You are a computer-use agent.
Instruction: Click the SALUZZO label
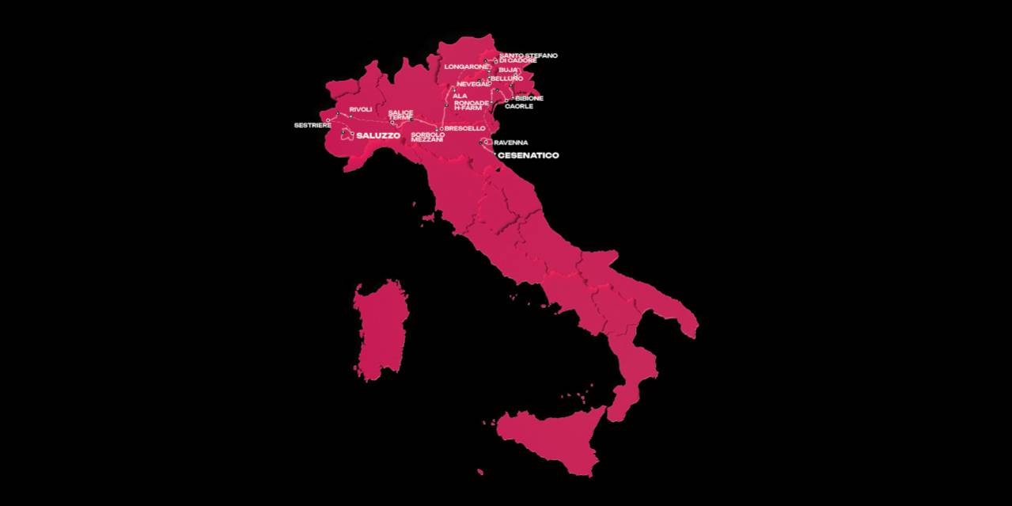pos(377,135)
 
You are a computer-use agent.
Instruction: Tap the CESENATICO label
pos(528,155)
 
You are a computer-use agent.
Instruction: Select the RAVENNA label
pos(510,143)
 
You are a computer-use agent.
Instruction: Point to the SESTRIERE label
pos(313,125)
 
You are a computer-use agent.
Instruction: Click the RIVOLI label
pos(360,109)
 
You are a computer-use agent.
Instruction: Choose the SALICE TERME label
pos(400,115)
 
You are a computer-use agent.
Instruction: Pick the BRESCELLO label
pos(465,128)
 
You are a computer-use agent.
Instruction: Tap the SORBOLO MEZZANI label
pos(427,137)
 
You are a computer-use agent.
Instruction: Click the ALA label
pos(460,96)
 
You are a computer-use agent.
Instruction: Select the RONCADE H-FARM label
pos(472,105)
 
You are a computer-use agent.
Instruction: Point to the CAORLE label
pos(518,106)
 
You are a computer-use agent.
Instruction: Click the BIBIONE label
pos(529,98)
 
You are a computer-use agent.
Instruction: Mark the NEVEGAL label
pos(472,84)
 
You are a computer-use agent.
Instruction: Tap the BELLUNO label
pos(506,78)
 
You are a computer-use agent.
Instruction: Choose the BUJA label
pos(508,70)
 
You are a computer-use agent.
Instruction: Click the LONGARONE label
pos(466,67)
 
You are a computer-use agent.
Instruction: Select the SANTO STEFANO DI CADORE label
pos(529,58)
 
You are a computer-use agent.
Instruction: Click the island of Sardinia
pos(381,329)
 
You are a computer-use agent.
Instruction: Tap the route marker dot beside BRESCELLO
pos(441,128)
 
